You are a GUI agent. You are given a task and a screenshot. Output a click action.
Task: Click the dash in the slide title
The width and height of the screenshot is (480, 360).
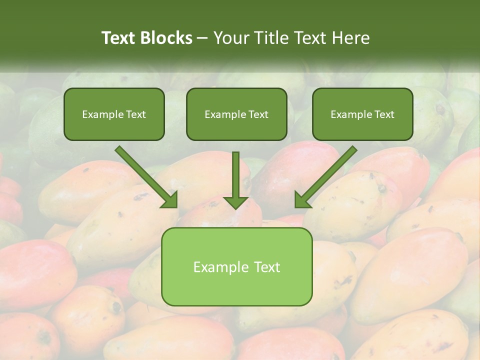click(202, 38)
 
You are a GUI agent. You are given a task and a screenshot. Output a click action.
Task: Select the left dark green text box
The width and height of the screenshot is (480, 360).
click(114, 114)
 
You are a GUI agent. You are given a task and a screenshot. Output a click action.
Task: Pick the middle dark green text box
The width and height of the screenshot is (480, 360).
click(236, 114)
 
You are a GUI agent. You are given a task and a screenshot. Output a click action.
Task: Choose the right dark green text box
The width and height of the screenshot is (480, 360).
click(362, 114)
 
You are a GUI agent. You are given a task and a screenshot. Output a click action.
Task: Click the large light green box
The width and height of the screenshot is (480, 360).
click(236, 266)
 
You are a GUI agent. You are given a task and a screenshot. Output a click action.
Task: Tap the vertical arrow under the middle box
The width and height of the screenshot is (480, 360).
click(235, 177)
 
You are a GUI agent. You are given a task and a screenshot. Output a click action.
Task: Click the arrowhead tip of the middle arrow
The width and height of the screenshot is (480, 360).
click(235, 207)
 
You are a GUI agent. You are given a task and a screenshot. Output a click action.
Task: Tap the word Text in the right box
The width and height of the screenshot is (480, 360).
click(384, 114)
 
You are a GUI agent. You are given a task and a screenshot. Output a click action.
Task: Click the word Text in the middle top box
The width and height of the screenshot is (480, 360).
click(258, 114)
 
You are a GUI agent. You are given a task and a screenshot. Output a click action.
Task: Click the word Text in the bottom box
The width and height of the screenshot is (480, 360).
click(267, 267)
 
